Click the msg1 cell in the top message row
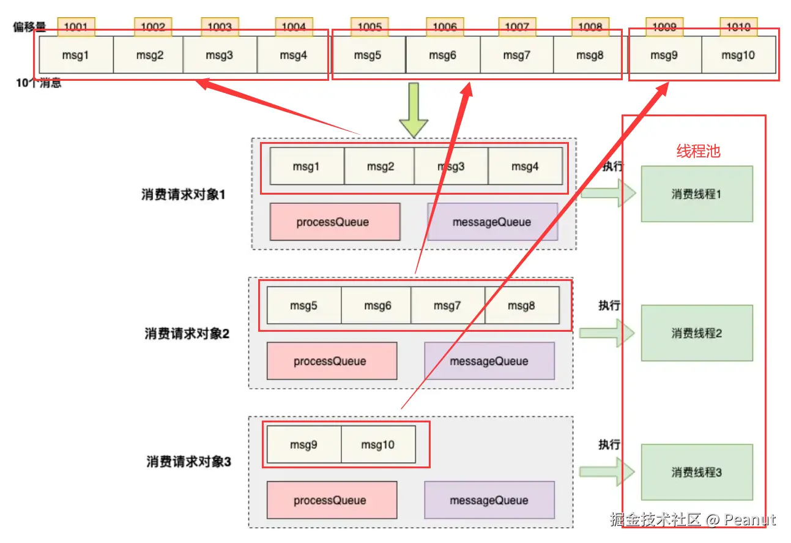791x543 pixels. pyautogui.click(x=76, y=55)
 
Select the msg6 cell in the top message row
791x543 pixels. pyautogui.click(x=443, y=55)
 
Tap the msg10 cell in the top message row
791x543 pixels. pyautogui.click(x=738, y=55)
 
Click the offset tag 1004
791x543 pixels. pyautogui.click(x=294, y=27)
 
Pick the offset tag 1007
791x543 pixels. pyautogui.click(x=517, y=27)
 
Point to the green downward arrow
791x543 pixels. pyautogui.click(x=414, y=111)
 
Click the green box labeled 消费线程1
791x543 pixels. pyautogui.click(x=697, y=194)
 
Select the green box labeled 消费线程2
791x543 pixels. pyautogui.click(x=697, y=333)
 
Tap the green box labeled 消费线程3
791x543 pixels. pyautogui.click(x=697, y=472)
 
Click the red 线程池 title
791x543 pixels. pyautogui.click(x=698, y=151)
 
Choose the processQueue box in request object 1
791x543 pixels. pyautogui.click(x=335, y=222)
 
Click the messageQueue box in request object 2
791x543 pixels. pyautogui.click(x=489, y=361)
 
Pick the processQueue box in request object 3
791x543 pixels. pyautogui.click(x=332, y=500)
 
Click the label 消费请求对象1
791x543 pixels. pyautogui.click(x=184, y=195)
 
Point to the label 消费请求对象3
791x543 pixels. pyautogui.click(x=188, y=462)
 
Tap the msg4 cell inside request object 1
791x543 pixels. pyautogui.click(x=525, y=166)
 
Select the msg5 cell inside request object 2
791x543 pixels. pyautogui.click(x=303, y=305)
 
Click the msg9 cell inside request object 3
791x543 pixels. pyautogui.click(x=303, y=444)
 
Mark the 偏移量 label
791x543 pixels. pyautogui.click(x=30, y=27)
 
